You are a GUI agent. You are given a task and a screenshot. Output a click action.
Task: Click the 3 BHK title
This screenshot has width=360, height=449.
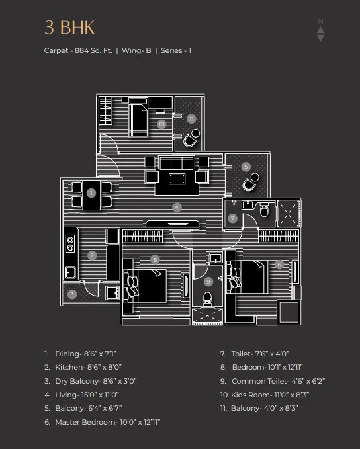click(69, 28)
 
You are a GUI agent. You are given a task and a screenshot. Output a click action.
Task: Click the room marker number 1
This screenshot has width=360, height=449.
click(91, 193)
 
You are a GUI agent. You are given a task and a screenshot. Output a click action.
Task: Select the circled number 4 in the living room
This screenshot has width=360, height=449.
click(177, 207)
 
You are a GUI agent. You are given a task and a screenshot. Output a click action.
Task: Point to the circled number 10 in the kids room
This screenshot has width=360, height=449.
click(161, 124)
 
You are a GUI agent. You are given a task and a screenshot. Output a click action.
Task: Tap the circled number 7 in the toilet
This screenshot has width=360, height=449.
click(232, 218)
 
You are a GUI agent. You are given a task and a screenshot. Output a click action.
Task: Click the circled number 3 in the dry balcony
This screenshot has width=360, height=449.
click(72, 294)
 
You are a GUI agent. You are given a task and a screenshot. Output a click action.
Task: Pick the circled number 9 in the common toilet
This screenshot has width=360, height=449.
click(208, 282)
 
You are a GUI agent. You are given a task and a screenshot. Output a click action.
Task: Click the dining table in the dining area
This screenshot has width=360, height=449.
click(92, 194)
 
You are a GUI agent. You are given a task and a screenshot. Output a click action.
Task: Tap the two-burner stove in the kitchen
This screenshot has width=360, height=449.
click(71, 243)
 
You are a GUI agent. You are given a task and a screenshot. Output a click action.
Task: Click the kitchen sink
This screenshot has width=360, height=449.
click(71, 272)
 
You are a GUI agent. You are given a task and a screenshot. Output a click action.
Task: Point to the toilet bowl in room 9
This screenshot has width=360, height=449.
click(207, 299)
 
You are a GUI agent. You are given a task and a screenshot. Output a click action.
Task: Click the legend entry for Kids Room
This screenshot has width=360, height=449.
click(265, 395)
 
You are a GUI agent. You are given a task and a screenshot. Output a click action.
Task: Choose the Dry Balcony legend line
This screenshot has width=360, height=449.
click(90, 381)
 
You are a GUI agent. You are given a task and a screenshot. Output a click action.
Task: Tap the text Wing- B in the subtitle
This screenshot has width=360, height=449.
click(136, 50)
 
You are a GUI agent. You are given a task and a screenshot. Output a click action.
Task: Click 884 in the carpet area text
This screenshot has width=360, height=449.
click(81, 50)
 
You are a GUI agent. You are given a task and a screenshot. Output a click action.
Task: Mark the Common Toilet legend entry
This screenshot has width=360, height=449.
click(273, 381)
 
